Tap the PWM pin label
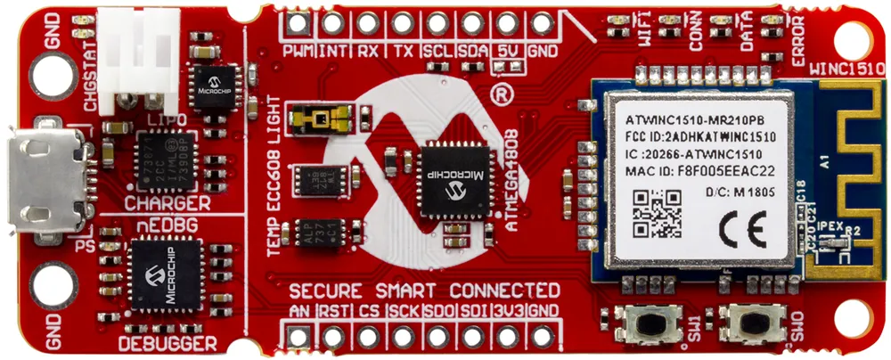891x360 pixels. [x=297, y=52]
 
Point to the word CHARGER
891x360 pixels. [x=168, y=205]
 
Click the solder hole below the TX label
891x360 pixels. [x=402, y=23]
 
